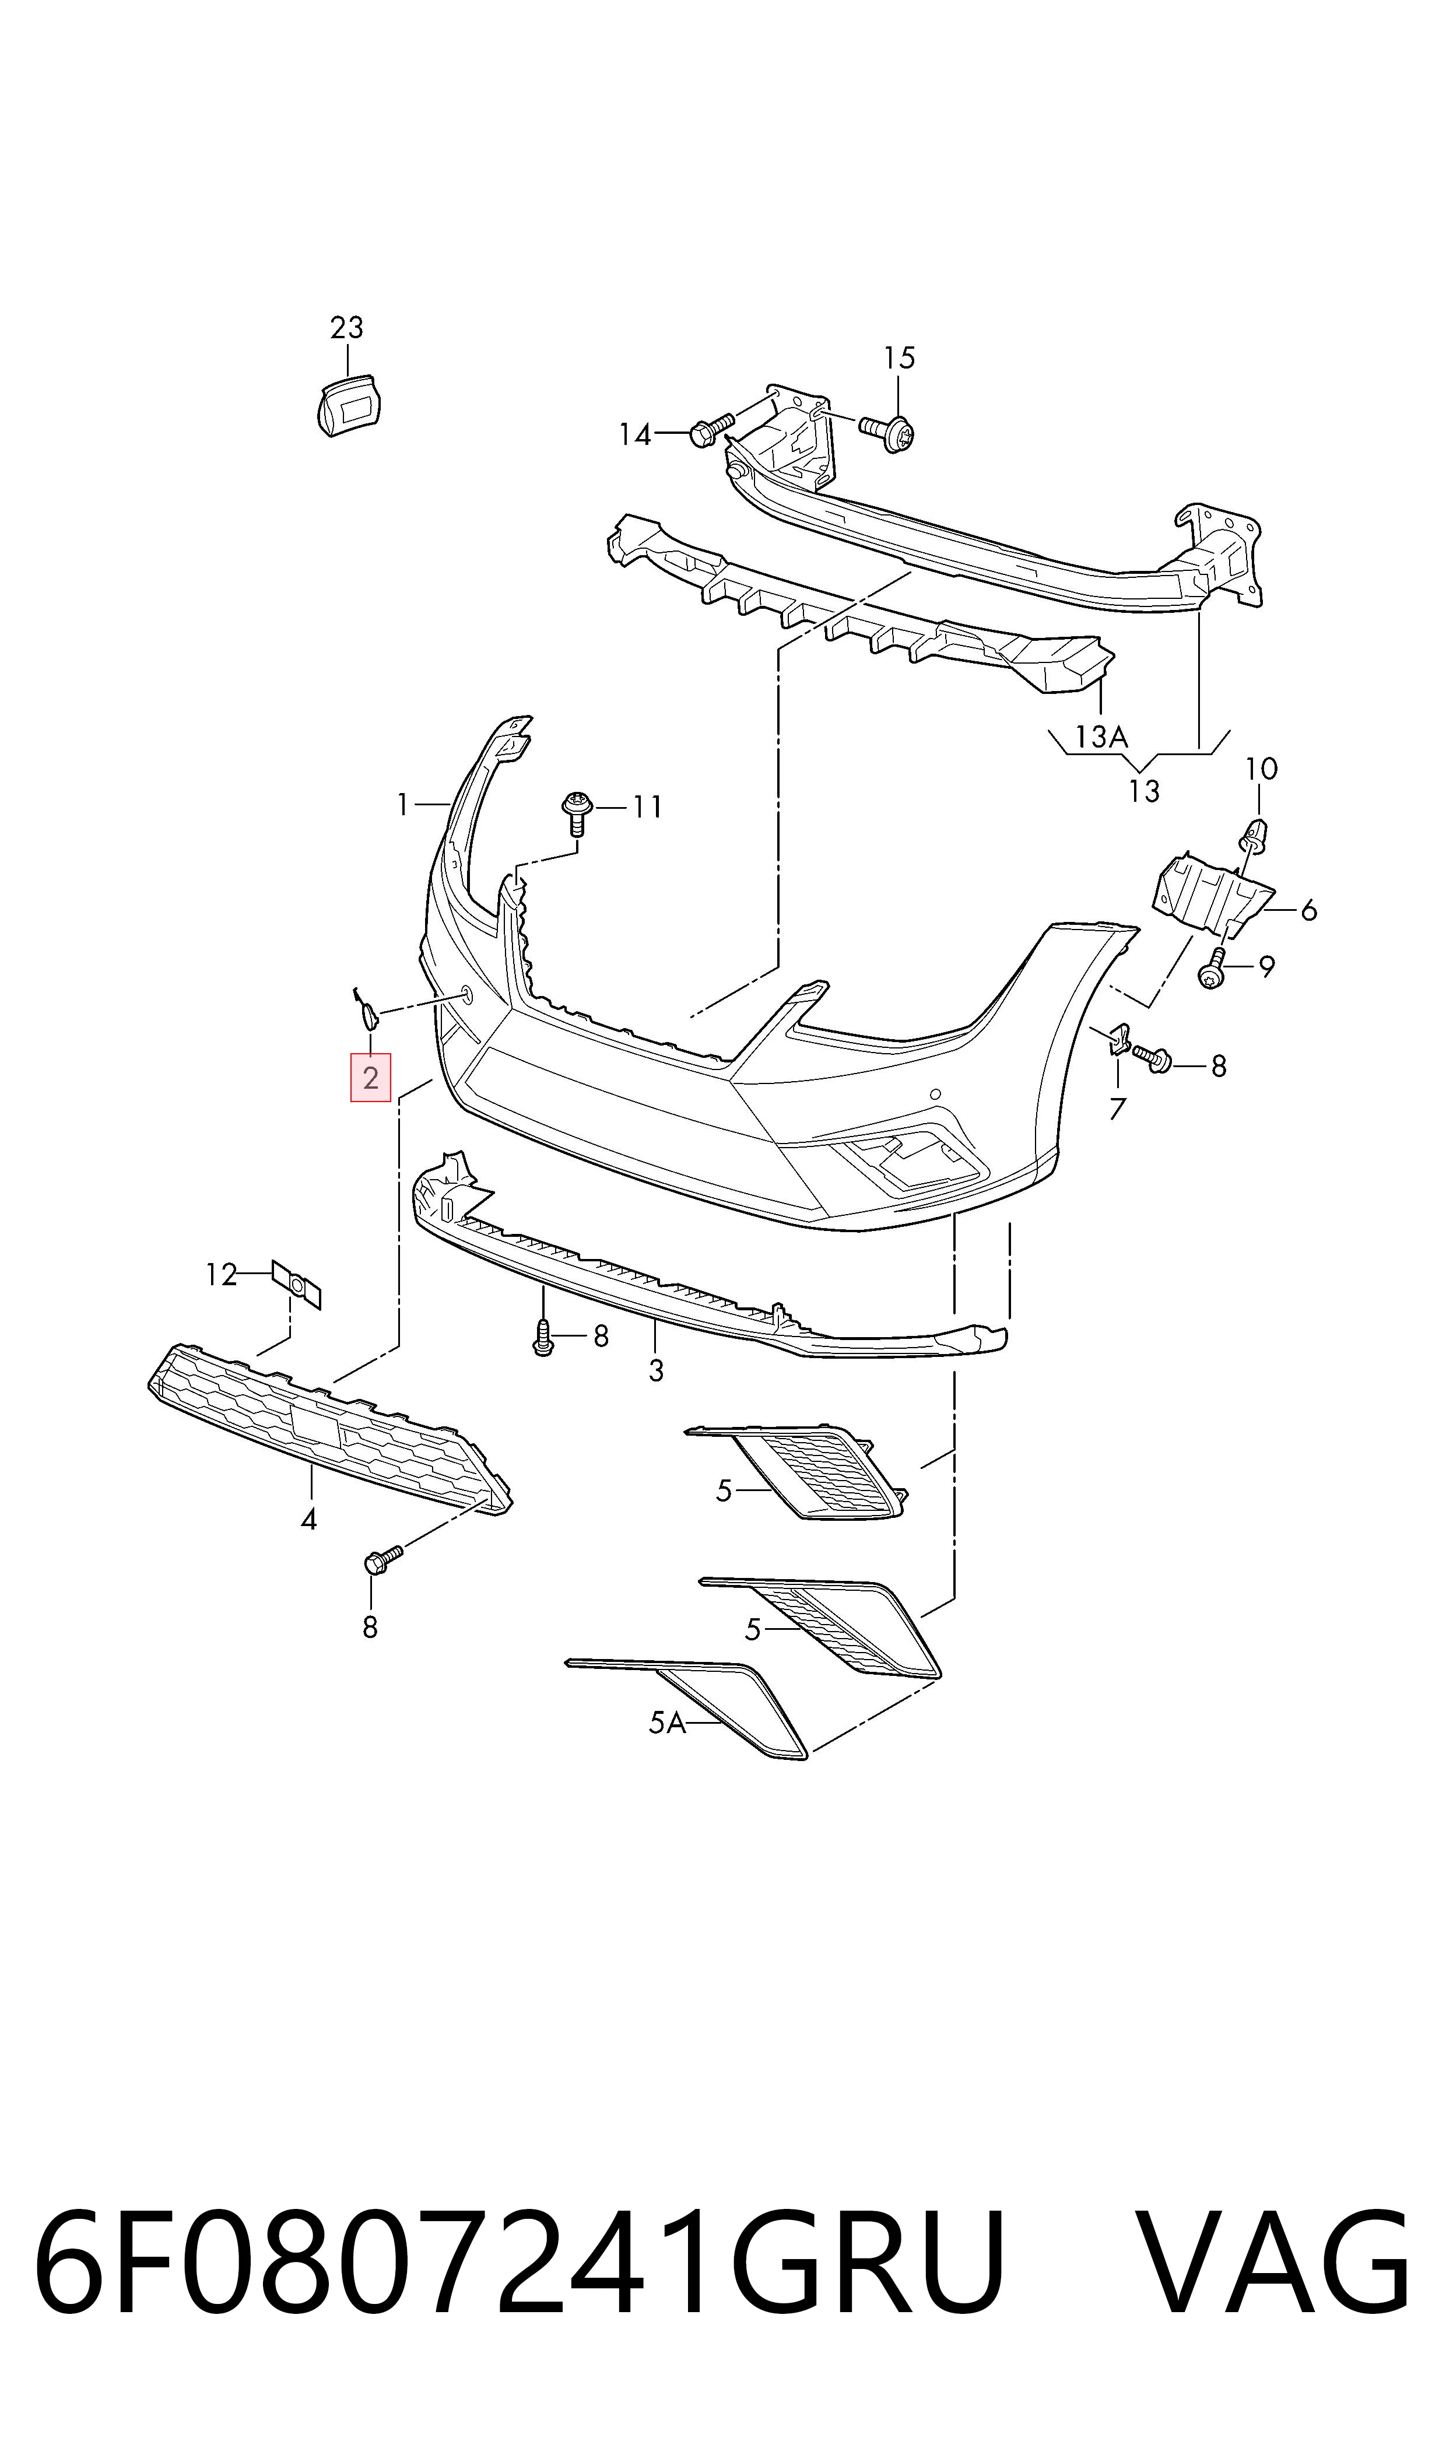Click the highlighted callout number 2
(x=370, y=1078)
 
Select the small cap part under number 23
(x=348, y=404)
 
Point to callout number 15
(x=899, y=359)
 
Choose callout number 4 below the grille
(x=309, y=1519)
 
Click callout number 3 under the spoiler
(x=656, y=1371)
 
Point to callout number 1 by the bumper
(x=402, y=805)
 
